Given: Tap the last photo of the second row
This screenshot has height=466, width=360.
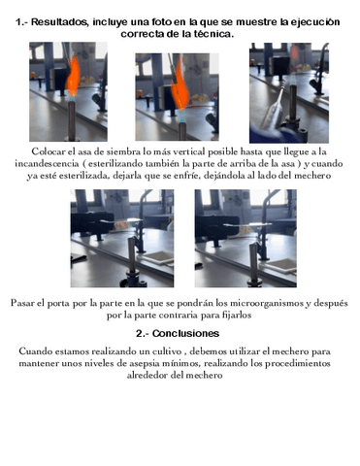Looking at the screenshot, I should pos(239,239).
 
